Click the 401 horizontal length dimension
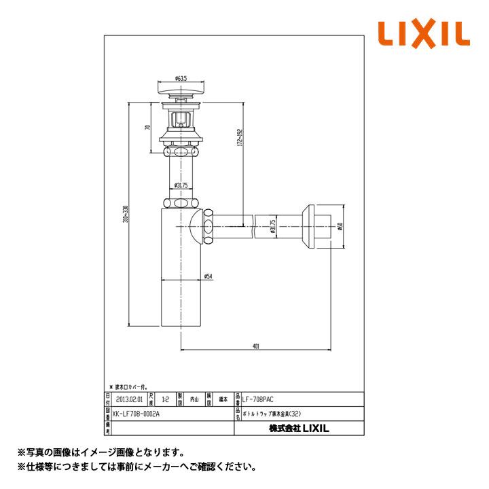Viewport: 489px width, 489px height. [255, 346]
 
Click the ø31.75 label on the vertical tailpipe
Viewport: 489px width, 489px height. [181, 185]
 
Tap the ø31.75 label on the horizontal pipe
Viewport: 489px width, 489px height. [272, 225]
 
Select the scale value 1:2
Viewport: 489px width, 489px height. [164, 400]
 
